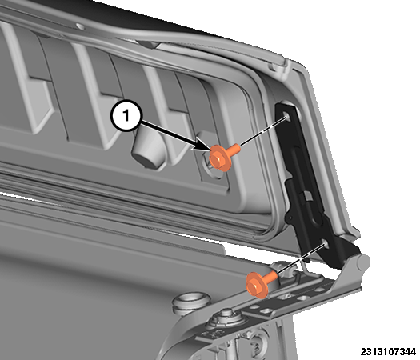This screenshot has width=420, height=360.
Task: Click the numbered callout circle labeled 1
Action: tap(126, 116)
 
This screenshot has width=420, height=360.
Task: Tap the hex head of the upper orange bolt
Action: tap(218, 159)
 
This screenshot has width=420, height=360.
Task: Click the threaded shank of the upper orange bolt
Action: tap(234, 149)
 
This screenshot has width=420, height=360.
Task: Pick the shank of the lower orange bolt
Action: tap(271, 276)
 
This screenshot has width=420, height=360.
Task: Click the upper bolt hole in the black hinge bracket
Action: tap(286, 116)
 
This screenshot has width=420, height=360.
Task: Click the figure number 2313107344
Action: tap(388, 351)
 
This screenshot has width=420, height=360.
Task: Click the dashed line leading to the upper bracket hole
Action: tap(263, 131)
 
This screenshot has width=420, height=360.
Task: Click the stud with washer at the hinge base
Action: tap(226, 318)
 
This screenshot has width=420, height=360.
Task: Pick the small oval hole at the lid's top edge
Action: tap(80, 26)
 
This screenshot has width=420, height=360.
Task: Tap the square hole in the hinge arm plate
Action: tap(266, 310)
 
